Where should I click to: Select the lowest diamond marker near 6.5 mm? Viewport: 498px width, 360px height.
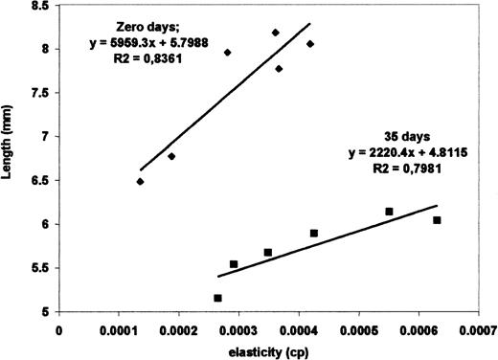coord(140,181)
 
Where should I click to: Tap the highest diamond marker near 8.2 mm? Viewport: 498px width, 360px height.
coord(276,33)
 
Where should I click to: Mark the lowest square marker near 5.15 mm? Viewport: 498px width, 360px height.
coord(218,298)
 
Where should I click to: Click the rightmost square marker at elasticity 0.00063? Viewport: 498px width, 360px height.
coord(437,220)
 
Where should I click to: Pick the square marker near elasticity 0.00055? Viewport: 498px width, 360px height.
coord(389,211)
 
